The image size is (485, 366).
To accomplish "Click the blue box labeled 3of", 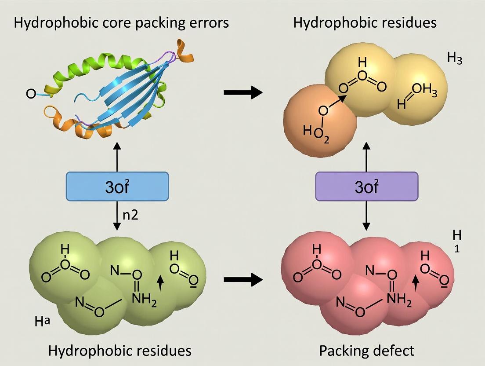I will coord(117,187).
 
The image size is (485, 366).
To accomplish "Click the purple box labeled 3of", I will coord(367,187).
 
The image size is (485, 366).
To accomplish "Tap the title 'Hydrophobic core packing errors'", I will coord(121,22).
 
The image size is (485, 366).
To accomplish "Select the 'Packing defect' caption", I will coord(366,351).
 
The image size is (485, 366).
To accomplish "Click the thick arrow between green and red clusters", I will coord(242,280).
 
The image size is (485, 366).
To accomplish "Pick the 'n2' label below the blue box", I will coord(130,216).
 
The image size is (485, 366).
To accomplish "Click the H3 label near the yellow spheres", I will coord(454,59).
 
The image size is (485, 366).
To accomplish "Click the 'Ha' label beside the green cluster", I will coord(42,321).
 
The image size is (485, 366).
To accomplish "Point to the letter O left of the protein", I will coord(31,94).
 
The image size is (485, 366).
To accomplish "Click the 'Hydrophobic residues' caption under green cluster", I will coord(119,351).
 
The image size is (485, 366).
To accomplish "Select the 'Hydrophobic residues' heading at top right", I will coord(365,22).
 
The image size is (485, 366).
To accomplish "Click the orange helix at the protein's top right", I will coord(185,50).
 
